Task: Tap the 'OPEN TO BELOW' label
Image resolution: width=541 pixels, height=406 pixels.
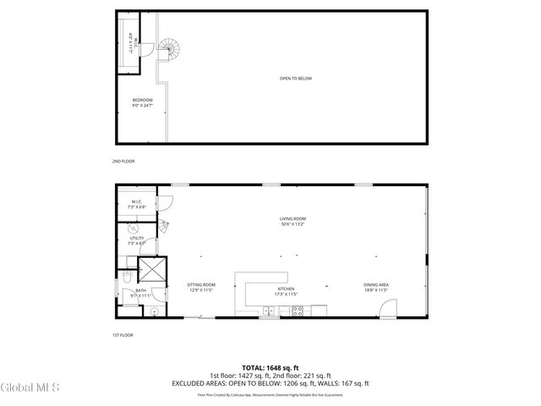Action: pos(296,79)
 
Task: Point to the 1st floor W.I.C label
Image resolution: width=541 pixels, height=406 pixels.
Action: pos(136,203)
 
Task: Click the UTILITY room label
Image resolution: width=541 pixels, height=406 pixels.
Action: pos(136,240)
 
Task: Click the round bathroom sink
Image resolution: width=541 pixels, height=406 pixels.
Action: pos(155,310)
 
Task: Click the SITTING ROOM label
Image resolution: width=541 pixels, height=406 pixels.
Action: pos(201,287)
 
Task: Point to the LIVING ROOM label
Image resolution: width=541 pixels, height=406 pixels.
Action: pos(292,221)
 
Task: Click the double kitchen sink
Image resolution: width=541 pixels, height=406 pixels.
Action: pos(268,310)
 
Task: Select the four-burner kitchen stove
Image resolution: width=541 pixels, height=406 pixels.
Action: pos(297,310)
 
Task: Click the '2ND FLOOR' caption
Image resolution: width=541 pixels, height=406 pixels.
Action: pos(123,161)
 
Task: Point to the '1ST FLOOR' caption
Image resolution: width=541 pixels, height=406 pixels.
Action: pos(123,335)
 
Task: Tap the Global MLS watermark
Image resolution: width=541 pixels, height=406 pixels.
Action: pos(30,387)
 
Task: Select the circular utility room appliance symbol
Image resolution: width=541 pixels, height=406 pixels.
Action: pos(132,228)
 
